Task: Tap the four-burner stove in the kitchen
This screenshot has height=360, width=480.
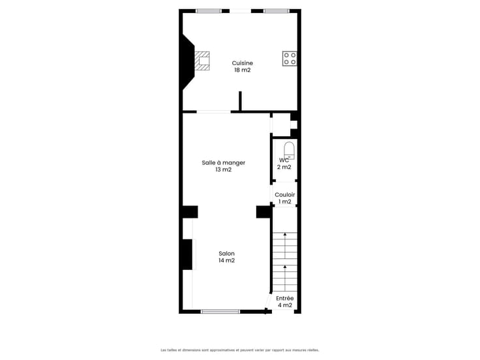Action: click(x=290, y=59)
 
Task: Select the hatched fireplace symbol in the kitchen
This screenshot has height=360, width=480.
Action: click(x=202, y=61)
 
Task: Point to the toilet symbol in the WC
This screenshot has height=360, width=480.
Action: click(x=289, y=151)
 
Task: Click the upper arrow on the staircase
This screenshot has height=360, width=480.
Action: click(x=285, y=245)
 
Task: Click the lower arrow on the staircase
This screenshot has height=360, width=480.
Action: click(x=285, y=278)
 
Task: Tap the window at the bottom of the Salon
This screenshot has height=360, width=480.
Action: click(x=220, y=312)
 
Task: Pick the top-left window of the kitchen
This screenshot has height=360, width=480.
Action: click(x=209, y=11)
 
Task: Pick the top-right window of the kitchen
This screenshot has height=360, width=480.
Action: click(x=277, y=11)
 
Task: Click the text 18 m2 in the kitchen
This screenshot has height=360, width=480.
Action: click(x=243, y=70)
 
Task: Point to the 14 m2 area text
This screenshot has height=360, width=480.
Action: click(x=226, y=260)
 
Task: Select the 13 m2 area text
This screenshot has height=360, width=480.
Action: click(x=224, y=170)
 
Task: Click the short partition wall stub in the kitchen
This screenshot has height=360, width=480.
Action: click(x=240, y=100)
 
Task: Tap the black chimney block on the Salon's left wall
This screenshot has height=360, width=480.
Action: click(x=187, y=254)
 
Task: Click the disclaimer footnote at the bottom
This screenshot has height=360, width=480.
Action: click(x=240, y=350)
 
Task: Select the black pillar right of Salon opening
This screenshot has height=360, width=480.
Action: click(x=263, y=212)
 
